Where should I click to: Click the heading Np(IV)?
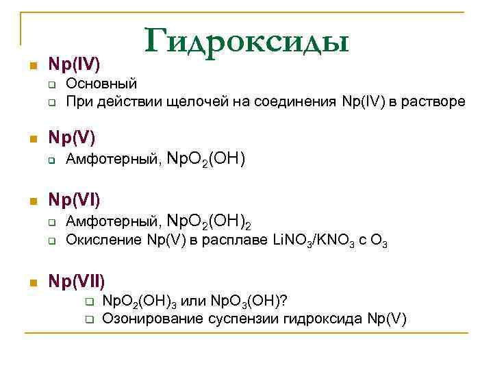[x=74, y=66]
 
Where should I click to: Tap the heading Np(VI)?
[x=74, y=201]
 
